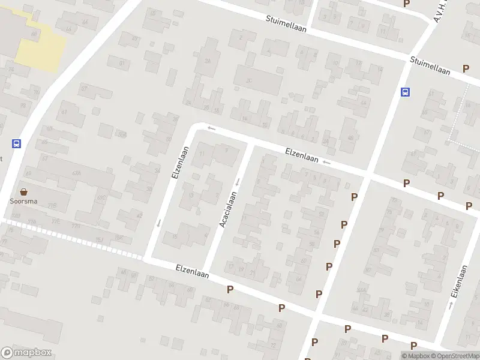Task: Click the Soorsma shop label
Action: click(23, 202)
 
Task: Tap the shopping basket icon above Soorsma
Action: click(24, 192)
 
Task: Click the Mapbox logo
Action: click(26, 353)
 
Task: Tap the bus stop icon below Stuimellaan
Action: click(406, 92)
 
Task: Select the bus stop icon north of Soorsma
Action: click(16, 144)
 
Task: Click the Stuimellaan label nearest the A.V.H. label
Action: click(430, 65)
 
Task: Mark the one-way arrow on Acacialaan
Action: click(238, 182)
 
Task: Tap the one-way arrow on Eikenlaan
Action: click(451, 305)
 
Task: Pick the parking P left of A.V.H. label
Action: click(407, 4)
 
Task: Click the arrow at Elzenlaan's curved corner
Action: click(211, 128)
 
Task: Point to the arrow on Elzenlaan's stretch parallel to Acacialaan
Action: click(159, 223)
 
